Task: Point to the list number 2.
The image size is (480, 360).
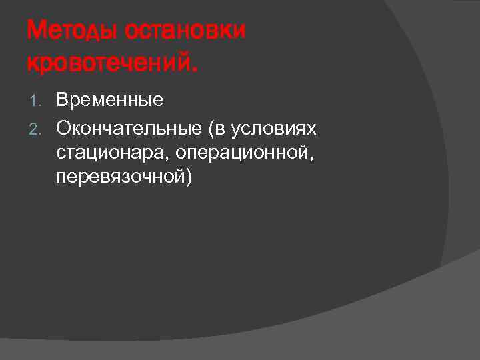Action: point(36,127)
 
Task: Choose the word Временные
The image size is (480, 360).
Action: point(110,101)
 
